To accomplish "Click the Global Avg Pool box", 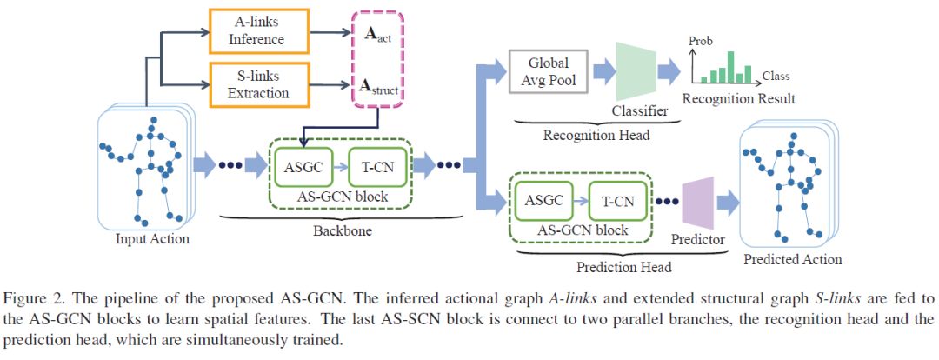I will (549, 70).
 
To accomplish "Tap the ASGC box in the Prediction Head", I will (543, 203).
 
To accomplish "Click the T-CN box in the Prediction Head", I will (619, 203).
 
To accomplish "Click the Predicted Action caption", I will (793, 259).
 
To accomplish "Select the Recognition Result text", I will (739, 99).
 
